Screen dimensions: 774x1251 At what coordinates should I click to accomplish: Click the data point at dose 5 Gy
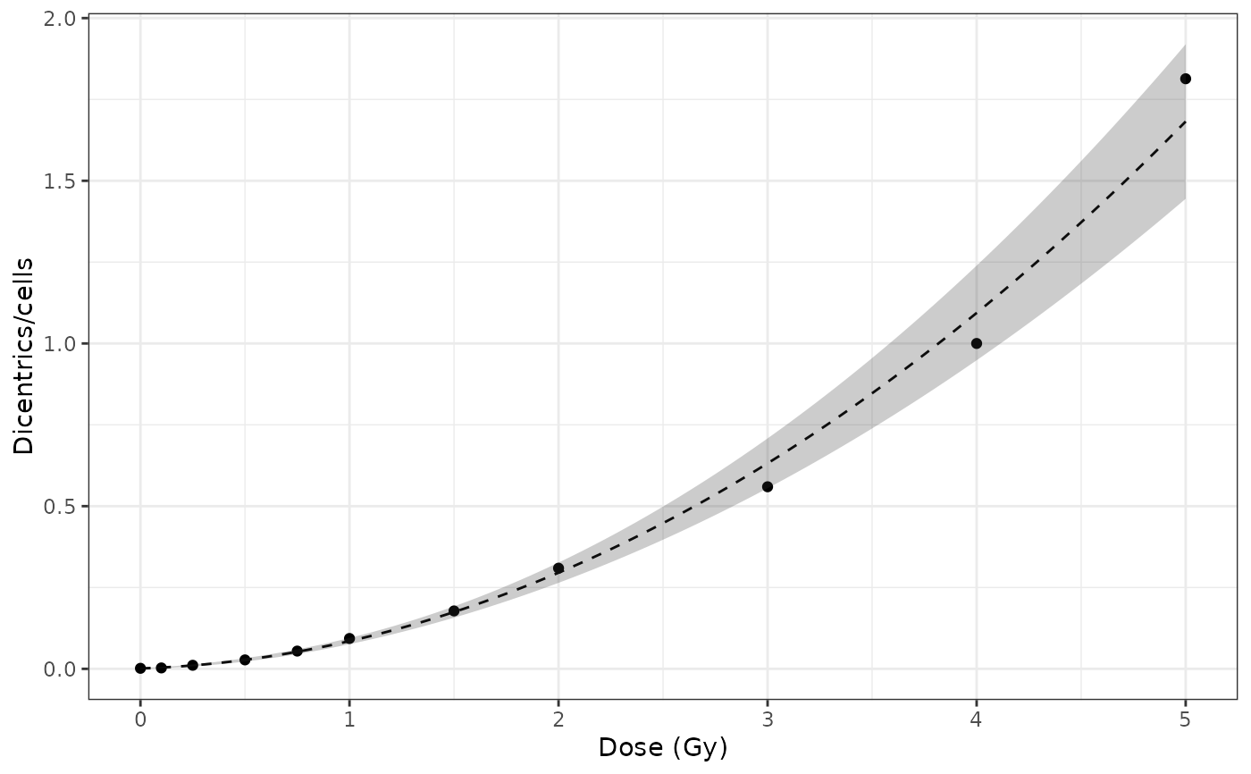point(1185,79)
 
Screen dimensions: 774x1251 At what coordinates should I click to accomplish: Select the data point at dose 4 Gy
point(976,343)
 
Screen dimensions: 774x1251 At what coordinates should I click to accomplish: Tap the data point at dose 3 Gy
point(767,486)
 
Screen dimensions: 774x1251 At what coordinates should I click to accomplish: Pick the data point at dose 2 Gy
point(558,568)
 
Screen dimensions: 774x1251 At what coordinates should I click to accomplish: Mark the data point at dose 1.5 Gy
point(454,610)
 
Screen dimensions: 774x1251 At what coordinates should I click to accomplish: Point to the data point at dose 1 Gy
point(349,638)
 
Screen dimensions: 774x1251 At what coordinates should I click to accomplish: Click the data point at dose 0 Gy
point(140,668)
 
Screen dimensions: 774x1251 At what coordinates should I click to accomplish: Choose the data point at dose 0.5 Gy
point(245,660)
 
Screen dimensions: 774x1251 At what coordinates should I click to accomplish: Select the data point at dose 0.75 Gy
point(297,651)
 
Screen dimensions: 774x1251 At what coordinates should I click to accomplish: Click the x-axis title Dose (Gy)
point(662,748)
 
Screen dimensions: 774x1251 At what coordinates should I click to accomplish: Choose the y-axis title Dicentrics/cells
point(24,356)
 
